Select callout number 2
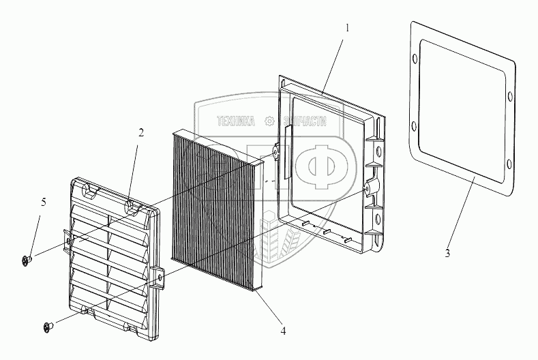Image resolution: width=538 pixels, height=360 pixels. click(x=140, y=133)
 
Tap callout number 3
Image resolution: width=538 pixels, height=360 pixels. click(x=447, y=254)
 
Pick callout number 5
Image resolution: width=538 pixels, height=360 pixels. click(x=44, y=202)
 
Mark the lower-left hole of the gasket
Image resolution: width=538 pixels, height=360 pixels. click(x=413, y=125)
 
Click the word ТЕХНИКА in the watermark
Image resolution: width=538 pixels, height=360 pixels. click(x=235, y=121)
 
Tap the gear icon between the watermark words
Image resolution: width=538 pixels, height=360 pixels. click(x=270, y=121)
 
